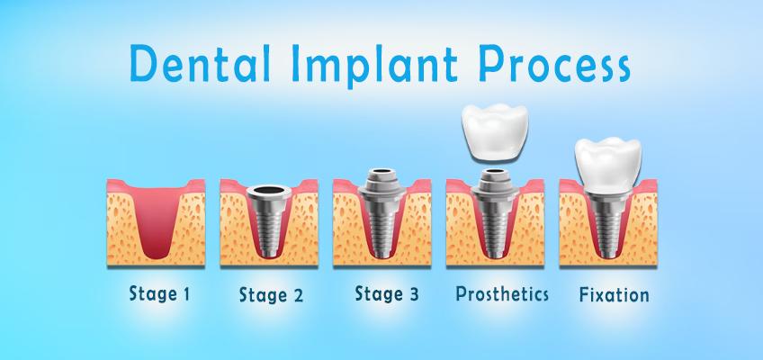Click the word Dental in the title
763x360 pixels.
[x=201, y=63]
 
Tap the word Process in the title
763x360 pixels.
[x=555, y=64]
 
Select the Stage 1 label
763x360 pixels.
[x=159, y=293]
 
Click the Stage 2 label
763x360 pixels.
[x=271, y=295]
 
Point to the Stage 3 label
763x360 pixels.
[x=387, y=293]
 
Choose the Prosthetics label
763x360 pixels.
[x=502, y=293]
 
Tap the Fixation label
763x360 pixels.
[x=615, y=295]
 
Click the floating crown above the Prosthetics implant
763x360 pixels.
[x=495, y=131]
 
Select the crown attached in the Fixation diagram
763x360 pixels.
[x=607, y=166]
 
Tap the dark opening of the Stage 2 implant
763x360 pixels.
[x=269, y=190]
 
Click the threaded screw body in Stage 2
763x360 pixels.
[x=269, y=229]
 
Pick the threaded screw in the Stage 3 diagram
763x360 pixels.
[x=382, y=229]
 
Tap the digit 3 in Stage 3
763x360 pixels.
[x=413, y=293]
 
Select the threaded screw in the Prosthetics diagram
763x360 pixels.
[x=495, y=229]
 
